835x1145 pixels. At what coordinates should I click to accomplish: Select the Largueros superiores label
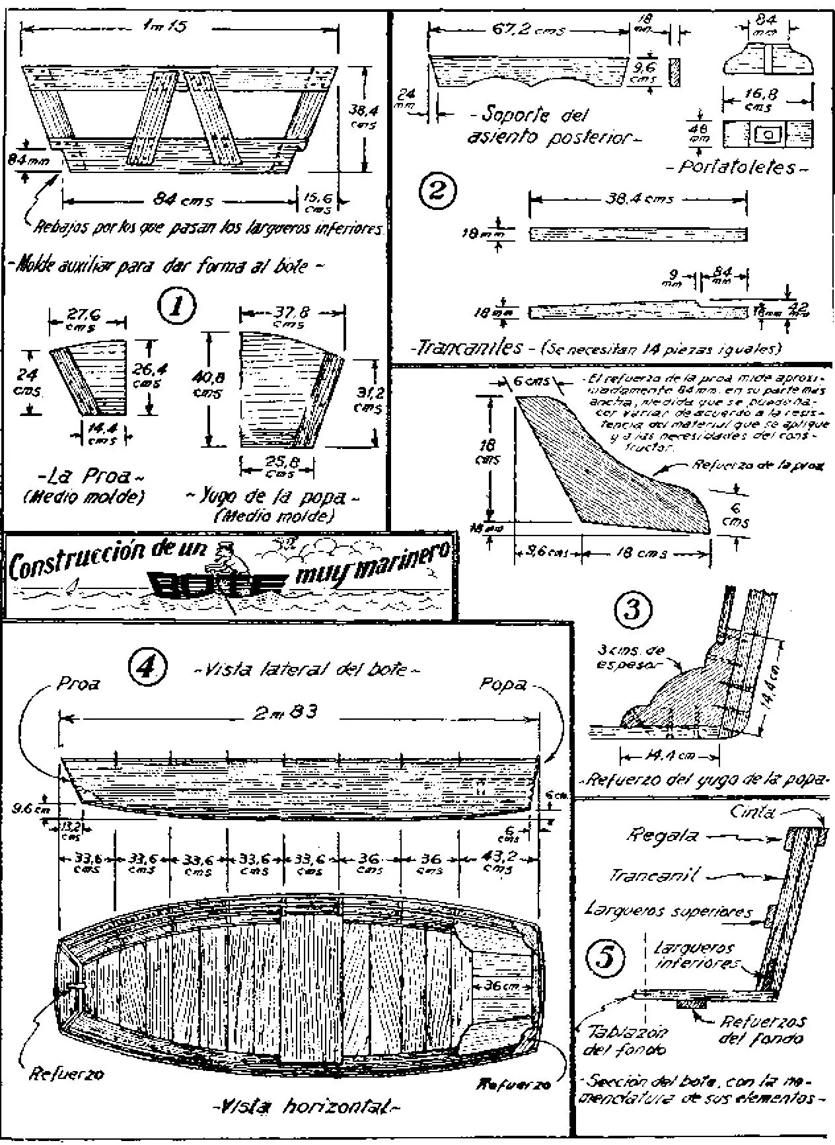click(x=668, y=911)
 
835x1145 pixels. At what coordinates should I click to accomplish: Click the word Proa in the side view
click(x=78, y=684)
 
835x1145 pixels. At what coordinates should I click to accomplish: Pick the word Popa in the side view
click(x=503, y=684)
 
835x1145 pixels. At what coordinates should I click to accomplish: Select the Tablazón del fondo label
click(x=624, y=1040)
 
